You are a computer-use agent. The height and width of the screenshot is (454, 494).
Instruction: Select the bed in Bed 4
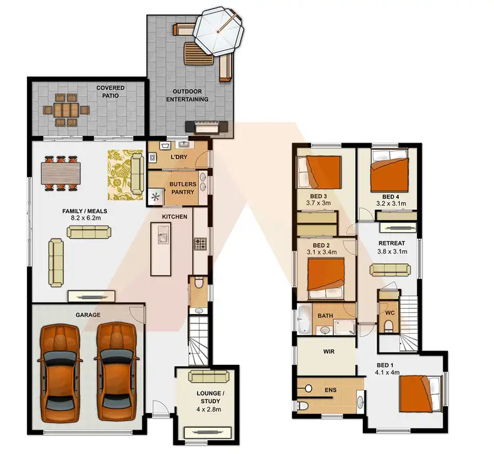391,170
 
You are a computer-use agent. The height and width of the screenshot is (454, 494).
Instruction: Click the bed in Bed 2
326,275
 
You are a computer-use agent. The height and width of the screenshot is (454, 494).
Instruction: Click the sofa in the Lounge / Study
207,377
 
